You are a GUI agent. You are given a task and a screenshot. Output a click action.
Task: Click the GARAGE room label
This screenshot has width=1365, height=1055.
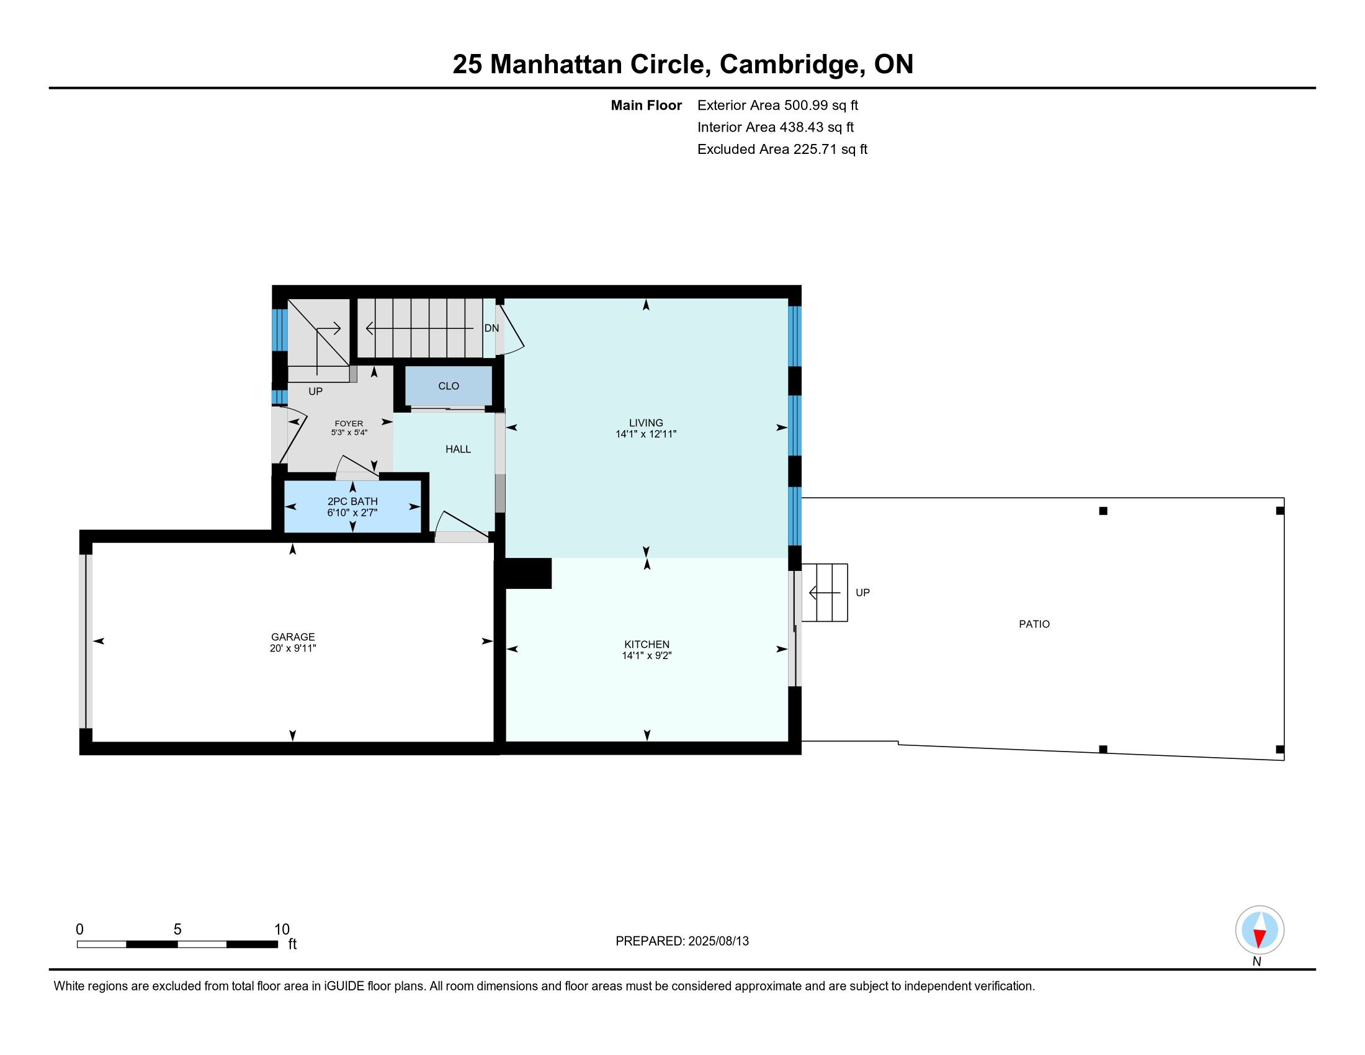(292, 637)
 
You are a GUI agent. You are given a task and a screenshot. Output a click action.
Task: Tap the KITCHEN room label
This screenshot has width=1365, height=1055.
(647, 644)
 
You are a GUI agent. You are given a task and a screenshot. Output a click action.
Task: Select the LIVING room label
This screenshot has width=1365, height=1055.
(646, 423)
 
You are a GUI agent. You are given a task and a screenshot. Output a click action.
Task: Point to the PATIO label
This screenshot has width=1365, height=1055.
(1034, 624)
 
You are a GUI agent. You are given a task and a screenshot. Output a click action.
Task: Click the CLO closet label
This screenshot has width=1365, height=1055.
(449, 386)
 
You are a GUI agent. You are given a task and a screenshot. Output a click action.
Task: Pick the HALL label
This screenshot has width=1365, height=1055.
(458, 449)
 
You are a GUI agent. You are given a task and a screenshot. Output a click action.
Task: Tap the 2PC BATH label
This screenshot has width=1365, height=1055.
(352, 501)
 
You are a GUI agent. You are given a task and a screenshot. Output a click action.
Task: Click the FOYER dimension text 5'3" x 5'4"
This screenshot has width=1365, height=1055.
(349, 433)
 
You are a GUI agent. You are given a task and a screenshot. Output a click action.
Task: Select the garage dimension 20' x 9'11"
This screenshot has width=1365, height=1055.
(292, 649)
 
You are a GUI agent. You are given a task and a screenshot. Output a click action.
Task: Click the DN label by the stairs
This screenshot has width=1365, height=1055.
(491, 329)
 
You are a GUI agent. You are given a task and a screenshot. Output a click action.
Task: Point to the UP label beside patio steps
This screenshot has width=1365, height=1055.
(862, 593)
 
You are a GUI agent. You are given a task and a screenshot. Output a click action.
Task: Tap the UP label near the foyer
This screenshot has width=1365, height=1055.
(315, 392)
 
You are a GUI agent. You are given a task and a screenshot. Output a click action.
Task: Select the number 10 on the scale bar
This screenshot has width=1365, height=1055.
(282, 930)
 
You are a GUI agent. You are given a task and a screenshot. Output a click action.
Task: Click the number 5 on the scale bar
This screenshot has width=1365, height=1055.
(177, 930)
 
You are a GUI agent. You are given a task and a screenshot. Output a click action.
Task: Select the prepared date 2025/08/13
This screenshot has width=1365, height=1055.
(718, 941)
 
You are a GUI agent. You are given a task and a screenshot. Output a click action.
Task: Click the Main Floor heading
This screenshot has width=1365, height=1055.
(647, 105)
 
